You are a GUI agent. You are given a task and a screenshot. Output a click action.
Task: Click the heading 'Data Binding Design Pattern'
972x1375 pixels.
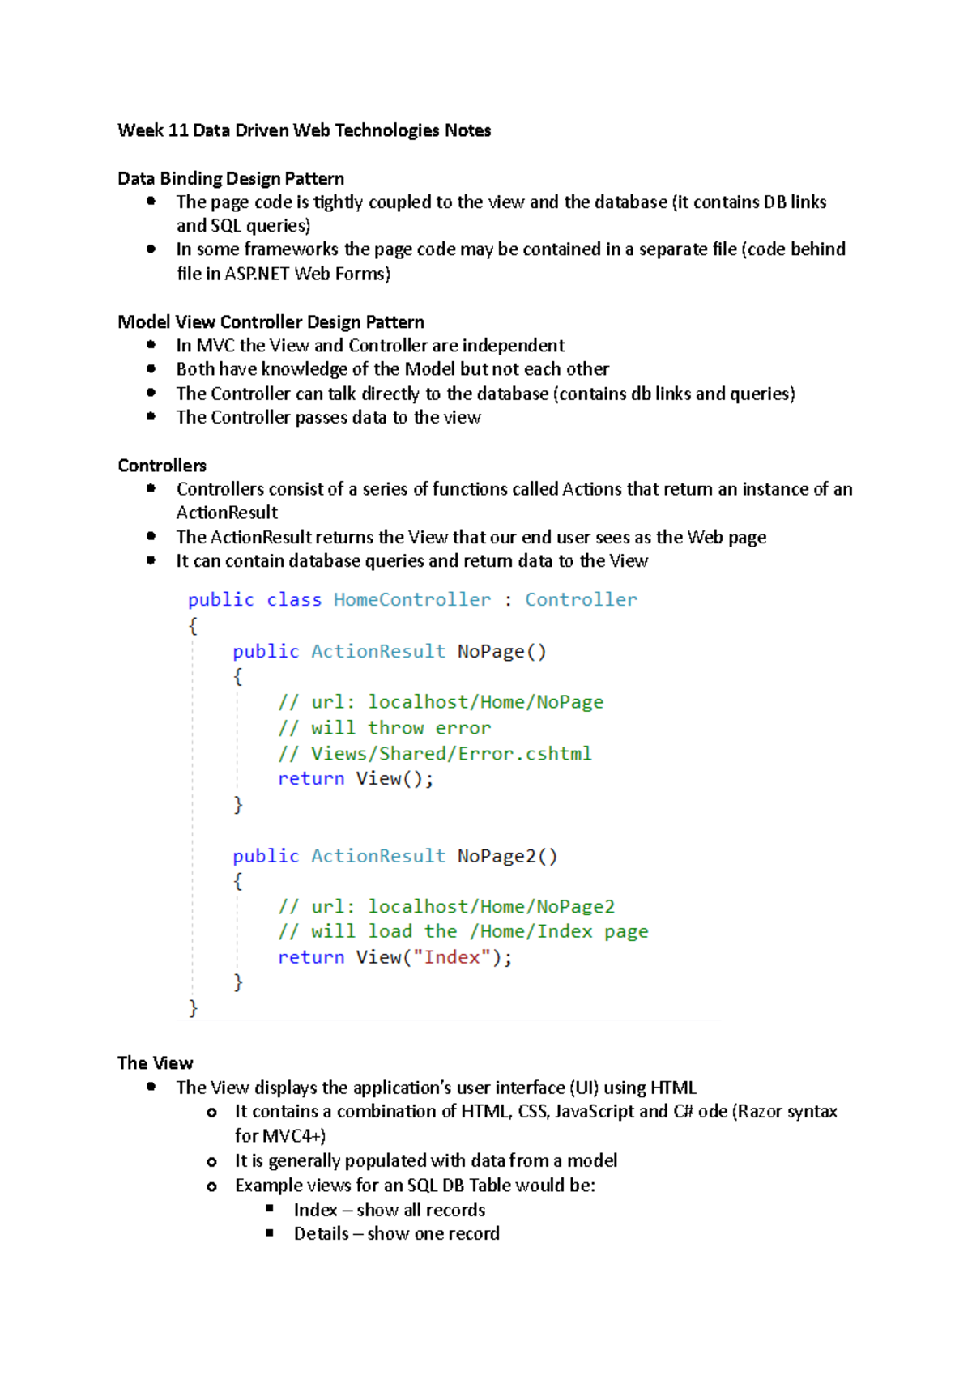pos(231,178)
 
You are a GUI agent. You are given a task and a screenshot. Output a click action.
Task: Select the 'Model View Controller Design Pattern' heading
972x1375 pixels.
pos(271,322)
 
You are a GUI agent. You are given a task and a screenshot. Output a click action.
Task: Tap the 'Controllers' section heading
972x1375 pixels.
pos(162,466)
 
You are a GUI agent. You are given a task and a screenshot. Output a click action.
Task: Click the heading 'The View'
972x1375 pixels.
pos(156,1063)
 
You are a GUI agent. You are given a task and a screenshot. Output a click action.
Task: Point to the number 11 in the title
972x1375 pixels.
pos(178,130)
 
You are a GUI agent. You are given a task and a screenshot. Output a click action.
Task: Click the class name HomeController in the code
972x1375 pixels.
pos(411,600)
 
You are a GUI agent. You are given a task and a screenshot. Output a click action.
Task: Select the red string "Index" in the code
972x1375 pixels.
pos(452,957)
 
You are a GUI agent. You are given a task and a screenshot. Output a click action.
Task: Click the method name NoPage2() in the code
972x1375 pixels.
pos(507,856)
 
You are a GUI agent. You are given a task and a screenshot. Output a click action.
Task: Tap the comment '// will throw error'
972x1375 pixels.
pos(385,728)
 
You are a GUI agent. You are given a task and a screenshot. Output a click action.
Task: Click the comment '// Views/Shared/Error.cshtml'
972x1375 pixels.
pos(435,754)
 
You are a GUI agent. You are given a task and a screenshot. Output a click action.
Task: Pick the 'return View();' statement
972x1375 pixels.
pos(356,779)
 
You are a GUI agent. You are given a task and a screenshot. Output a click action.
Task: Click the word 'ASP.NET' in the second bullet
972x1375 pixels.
pos(257,274)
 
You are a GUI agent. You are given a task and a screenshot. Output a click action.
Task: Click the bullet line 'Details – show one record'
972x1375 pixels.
pos(396,1234)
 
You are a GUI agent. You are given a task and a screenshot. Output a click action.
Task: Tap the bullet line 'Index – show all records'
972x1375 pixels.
pos(389,1210)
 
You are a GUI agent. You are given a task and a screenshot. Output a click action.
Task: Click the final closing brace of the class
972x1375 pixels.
pos(193,1007)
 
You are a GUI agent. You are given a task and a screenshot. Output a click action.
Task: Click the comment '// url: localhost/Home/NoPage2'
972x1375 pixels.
pos(446,907)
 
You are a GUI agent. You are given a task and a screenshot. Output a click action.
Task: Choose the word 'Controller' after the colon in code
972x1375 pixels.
pos(581,600)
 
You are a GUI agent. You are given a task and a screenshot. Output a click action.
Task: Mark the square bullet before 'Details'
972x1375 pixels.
pos(270,1232)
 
